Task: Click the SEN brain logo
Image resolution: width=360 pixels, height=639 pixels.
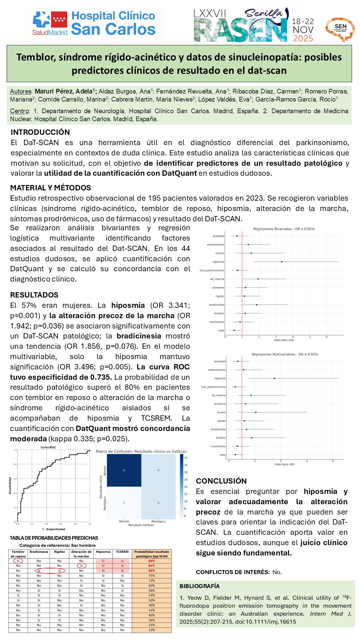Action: point(340,29)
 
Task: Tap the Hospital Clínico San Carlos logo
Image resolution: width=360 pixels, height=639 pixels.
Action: point(94,23)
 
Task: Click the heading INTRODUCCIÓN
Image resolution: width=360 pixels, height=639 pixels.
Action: point(40,132)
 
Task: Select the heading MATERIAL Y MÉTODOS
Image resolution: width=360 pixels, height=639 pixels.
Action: point(51,188)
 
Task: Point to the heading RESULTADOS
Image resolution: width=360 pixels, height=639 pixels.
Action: point(34,295)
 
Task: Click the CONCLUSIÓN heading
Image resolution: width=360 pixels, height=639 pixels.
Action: point(221,481)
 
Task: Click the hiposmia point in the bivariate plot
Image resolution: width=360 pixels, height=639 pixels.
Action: point(282,262)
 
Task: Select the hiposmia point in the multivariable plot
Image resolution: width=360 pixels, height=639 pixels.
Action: point(274,378)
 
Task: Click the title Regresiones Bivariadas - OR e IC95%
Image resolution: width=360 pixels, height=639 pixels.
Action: point(284,229)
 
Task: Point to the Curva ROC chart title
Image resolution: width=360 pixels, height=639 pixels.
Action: point(48,447)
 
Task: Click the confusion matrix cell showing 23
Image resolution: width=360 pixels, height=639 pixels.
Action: point(124,470)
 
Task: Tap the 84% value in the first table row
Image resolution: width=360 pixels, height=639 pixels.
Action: point(152,561)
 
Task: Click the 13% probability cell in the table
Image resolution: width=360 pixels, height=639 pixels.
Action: point(152,630)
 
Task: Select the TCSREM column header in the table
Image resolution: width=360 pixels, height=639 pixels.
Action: point(122,552)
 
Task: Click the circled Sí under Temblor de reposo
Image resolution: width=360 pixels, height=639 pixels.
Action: point(18,561)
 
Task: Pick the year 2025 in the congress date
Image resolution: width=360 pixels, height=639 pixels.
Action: point(303,39)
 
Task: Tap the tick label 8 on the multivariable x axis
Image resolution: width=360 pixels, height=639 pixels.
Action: point(333,461)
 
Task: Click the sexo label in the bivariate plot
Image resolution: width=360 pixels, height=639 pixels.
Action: point(221,330)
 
